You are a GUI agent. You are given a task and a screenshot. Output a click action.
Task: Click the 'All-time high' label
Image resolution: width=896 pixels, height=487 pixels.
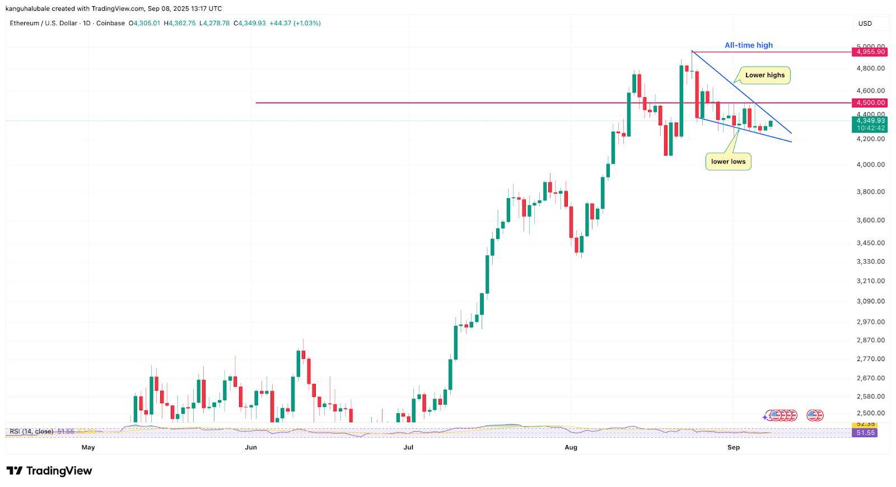coord(748,45)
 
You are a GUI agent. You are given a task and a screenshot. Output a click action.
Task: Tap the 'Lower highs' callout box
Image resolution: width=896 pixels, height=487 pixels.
coord(764,75)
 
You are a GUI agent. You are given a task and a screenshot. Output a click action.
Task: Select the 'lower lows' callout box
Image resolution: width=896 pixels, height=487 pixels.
coord(728,162)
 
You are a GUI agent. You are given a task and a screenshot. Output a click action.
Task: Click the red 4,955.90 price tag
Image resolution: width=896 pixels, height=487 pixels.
coord(870,52)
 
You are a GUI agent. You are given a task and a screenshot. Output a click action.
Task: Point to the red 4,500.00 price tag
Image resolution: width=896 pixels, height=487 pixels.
coord(870,103)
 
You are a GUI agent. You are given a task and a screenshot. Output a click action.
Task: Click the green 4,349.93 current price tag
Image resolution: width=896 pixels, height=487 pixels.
coord(870,120)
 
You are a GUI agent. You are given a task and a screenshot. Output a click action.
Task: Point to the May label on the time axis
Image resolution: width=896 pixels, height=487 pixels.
coord(88,447)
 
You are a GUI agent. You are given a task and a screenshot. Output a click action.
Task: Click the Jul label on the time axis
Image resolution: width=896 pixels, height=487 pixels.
coord(408,447)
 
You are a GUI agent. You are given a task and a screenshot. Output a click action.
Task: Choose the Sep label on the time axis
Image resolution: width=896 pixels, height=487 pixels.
coord(733,447)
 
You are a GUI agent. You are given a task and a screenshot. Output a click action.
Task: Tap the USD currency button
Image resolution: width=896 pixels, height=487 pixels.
coord(865,24)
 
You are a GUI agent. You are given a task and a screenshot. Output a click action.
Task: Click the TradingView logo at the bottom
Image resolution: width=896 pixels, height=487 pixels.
coord(49,471)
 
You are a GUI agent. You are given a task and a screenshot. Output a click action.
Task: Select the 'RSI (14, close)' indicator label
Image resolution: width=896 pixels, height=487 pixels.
coord(31,432)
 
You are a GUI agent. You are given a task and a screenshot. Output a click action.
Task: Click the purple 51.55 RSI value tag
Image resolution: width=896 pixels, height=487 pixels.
coord(864,433)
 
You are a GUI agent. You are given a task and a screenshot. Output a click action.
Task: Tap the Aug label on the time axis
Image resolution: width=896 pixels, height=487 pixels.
coord(571,447)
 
